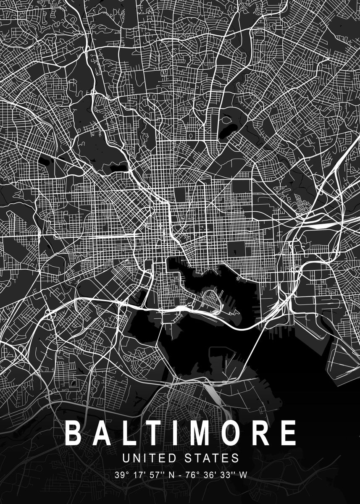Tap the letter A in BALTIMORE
100,433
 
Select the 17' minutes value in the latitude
137,475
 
